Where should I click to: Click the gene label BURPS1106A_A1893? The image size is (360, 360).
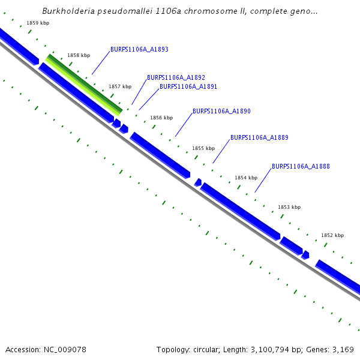(x=139, y=50)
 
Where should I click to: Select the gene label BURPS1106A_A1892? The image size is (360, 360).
(x=176, y=77)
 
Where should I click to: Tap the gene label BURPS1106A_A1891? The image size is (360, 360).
(x=188, y=86)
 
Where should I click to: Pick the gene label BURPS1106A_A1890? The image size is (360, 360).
(x=221, y=112)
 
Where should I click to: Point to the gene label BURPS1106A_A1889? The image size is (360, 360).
(x=259, y=137)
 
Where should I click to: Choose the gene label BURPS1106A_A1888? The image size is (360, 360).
(x=301, y=166)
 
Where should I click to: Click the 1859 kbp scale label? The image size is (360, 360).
(x=38, y=23)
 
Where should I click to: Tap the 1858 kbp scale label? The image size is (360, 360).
(x=79, y=55)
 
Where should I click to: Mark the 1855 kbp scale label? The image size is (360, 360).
(x=203, y=148)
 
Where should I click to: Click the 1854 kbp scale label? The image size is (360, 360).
(x=246, y=178)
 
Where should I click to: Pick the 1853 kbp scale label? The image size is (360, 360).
(x=289, y=207)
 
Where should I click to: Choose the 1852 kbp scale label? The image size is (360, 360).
(x=332, y=236)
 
